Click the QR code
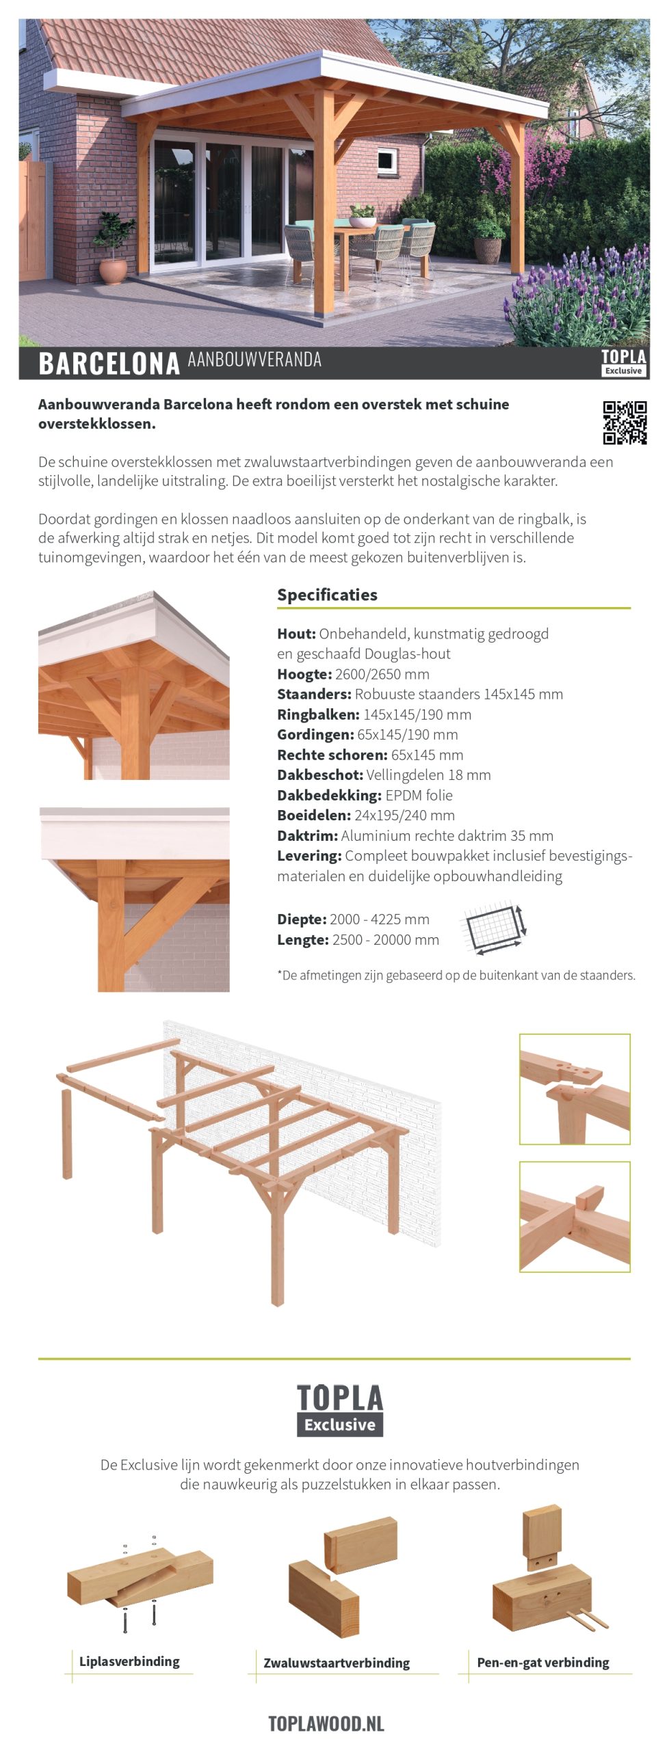pos(625,422)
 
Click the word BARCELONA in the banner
pos(109,364)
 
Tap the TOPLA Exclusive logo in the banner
pos(622,362)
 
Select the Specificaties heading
pos(327,595)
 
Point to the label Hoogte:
pos(304,674)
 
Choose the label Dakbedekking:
pos(329,795)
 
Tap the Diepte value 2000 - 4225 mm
pos(380,919)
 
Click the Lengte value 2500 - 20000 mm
pos(386,940)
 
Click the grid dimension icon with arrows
pos(495,930)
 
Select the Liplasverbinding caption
pos(129,1662)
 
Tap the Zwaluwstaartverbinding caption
pos(337,1663)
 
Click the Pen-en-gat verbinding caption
pos(542,1662)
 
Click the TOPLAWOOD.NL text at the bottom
pos(326,1723)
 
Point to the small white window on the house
pos(386,159)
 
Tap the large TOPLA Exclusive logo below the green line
pos(340,1410)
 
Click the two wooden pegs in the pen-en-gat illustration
pos(589,1619)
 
